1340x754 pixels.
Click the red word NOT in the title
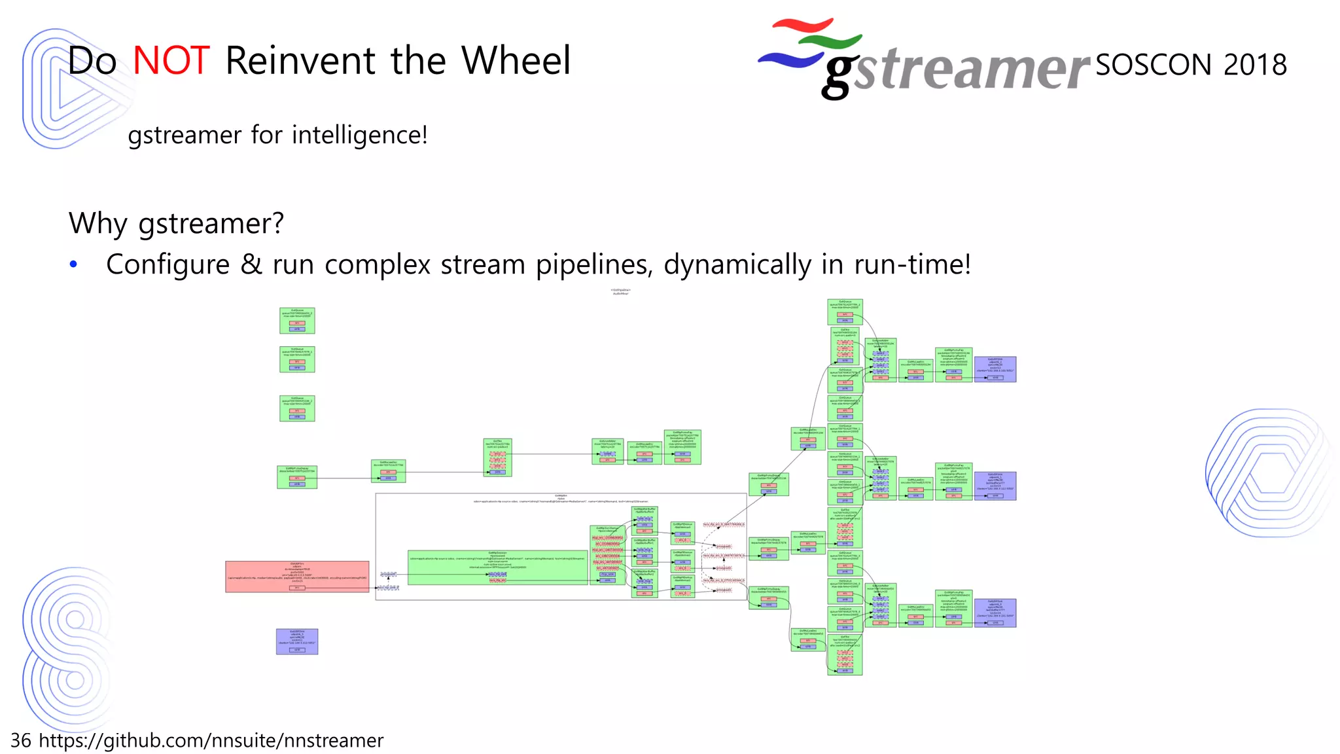point(171,61)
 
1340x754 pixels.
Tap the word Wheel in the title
point(516,61)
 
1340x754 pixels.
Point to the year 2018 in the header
point(1255,65)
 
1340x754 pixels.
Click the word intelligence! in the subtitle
point(359,135)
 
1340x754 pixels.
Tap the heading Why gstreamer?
point(176,224)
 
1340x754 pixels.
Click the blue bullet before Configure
point(73,264)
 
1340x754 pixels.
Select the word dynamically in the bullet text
point(737,265)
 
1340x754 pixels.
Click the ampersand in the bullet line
point(251,264)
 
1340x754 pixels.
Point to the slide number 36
point(20,740)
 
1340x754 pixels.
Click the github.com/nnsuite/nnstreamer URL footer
point(211,740)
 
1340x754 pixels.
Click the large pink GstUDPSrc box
point(297,577)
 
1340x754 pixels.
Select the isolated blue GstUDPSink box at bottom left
point(297,641)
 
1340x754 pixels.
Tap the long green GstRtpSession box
point(497,567)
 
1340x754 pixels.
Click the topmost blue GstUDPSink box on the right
point(995,369)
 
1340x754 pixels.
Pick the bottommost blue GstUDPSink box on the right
point(995,613)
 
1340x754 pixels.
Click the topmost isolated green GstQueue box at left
point(297,321)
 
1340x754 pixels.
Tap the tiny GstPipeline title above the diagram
point(620,291)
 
